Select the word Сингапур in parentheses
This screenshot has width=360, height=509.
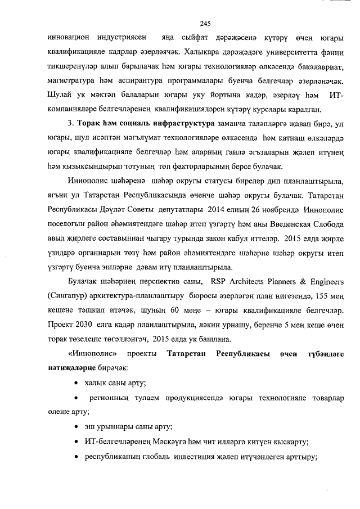(68, 295)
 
